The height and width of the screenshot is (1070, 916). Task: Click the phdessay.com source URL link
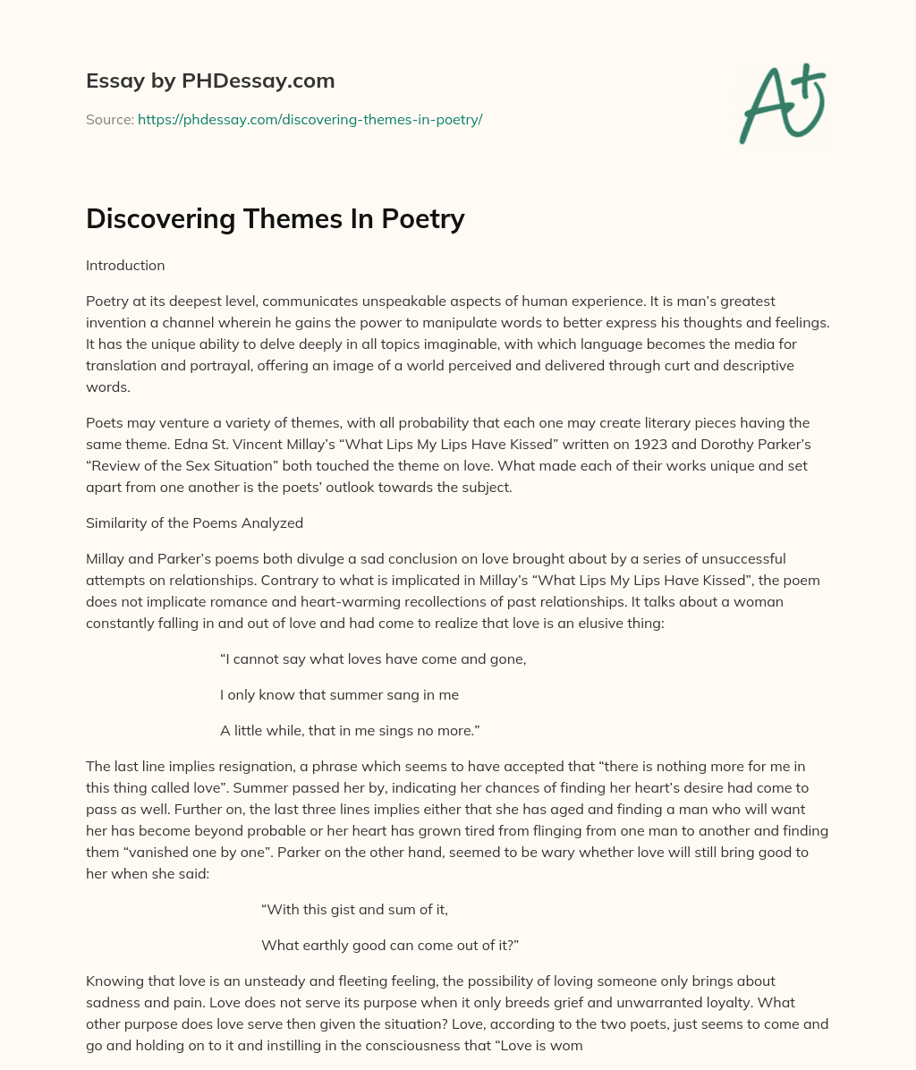tap(310, 119)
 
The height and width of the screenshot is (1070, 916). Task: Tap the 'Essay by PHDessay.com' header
tap(210, 81)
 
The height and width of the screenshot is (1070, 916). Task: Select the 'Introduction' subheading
tap(125, 266)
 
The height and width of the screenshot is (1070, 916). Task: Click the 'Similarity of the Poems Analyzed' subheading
tap(194, 522)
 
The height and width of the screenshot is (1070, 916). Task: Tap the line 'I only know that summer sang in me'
tap(339, 695)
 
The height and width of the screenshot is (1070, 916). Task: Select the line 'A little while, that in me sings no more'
tap(350, 731)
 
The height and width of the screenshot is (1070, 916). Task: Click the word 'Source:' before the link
tap(109, 119)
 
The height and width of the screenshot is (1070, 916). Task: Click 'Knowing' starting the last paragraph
tap(114, 981)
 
